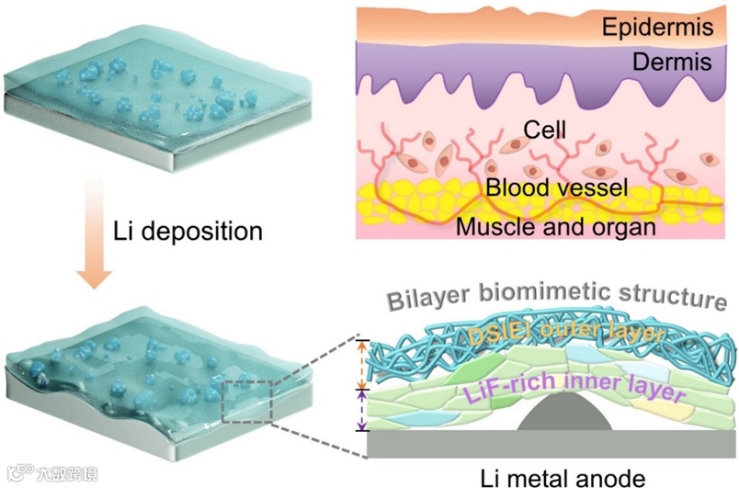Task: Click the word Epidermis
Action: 656,28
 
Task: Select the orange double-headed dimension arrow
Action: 361,363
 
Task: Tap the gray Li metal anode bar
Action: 551,444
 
